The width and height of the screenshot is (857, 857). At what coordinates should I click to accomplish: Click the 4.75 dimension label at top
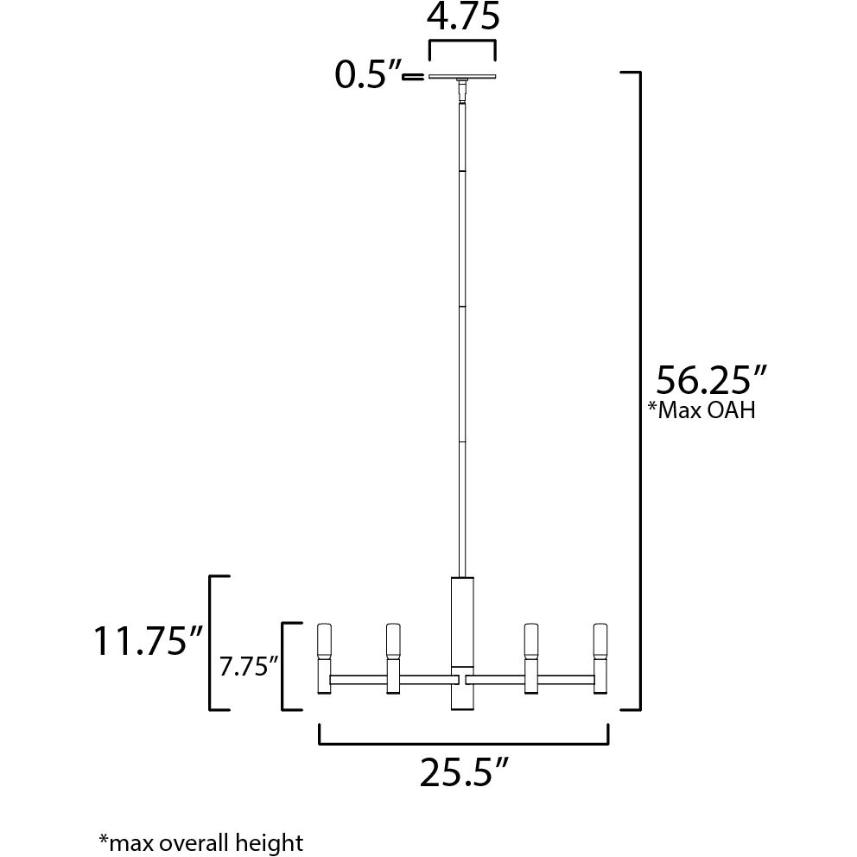pos(462,16)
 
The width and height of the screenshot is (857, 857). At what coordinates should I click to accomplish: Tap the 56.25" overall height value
pos(711,380)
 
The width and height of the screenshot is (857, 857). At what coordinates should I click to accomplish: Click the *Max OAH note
pos(701,409)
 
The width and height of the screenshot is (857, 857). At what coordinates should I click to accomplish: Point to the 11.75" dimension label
pos(149,640)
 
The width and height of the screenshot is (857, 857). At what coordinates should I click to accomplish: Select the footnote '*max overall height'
pos(200,842)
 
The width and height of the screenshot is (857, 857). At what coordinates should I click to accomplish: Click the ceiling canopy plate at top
pos(462,77)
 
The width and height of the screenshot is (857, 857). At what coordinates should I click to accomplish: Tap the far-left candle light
pos(325,658)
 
